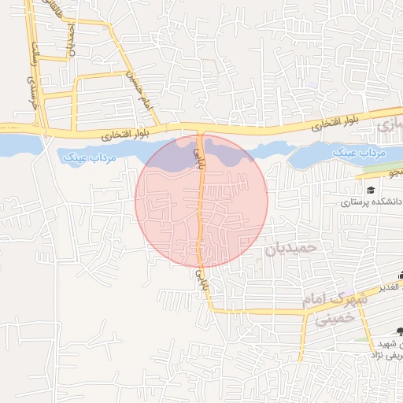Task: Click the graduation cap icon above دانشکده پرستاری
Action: [370, 190]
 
